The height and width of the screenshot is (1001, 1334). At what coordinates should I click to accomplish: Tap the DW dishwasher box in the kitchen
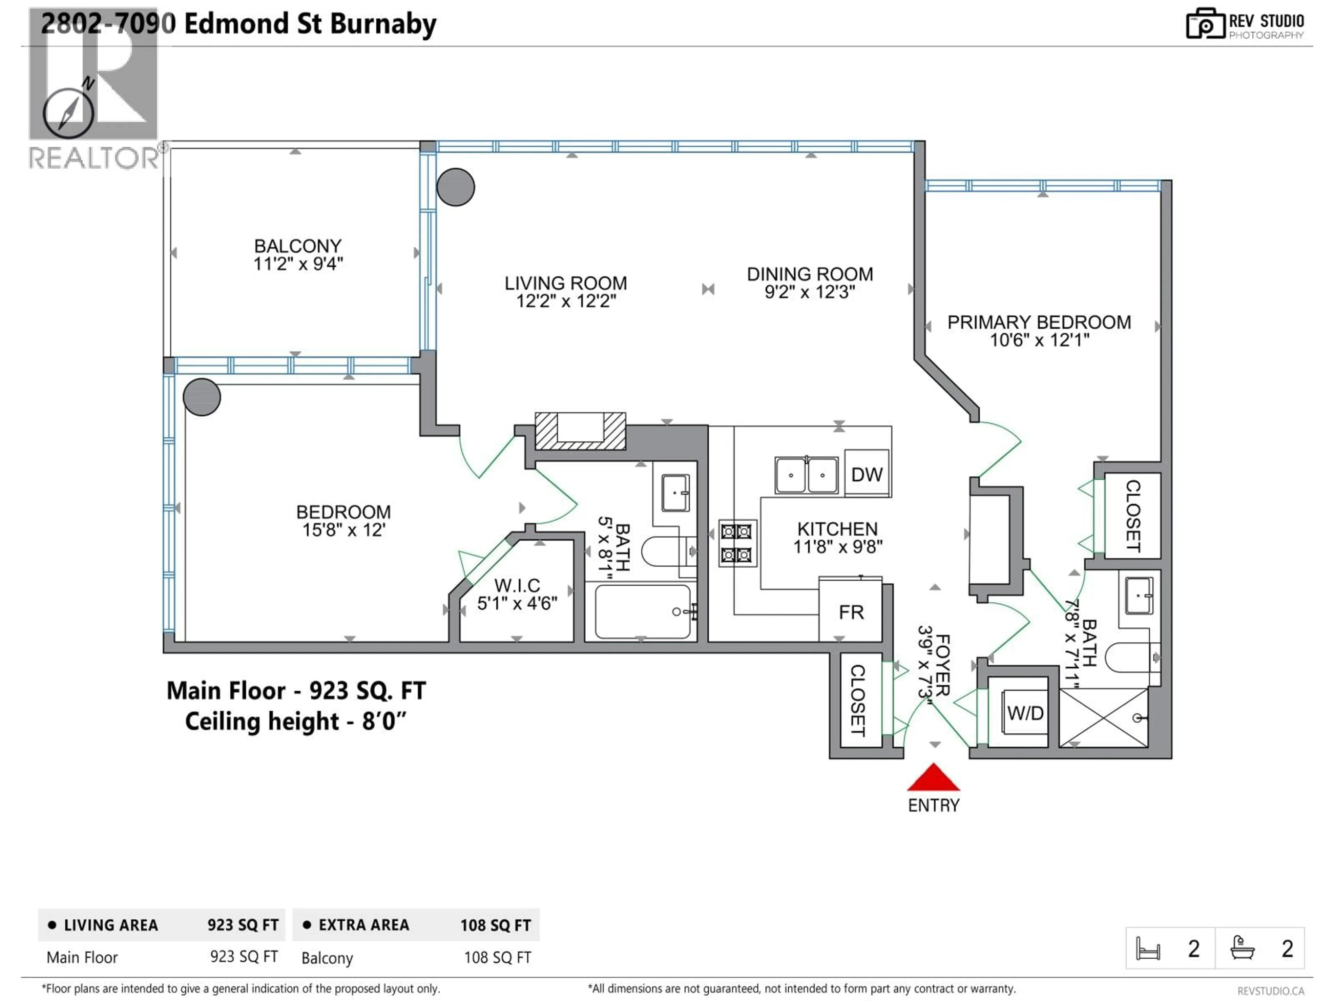click(x=867, y=474)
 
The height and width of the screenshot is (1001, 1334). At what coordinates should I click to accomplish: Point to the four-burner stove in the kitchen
click(x=737, y=543)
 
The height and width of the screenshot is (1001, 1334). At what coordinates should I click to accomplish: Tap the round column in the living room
click(x=455, y=187)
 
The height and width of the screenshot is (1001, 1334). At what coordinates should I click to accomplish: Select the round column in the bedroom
click(x=201, y=397)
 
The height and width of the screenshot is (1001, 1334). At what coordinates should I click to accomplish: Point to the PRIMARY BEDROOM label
click(x=1038, y=322)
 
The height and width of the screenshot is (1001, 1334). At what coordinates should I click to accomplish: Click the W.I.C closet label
click(x=517, y=585)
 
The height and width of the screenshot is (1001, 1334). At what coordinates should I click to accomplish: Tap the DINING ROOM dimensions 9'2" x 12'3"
click(x=809, y=292)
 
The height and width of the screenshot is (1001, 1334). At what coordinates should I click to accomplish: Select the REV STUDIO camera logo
click(x=1204, y=24)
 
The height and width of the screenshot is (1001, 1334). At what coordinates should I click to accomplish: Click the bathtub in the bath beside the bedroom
click(x=642, y=612)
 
